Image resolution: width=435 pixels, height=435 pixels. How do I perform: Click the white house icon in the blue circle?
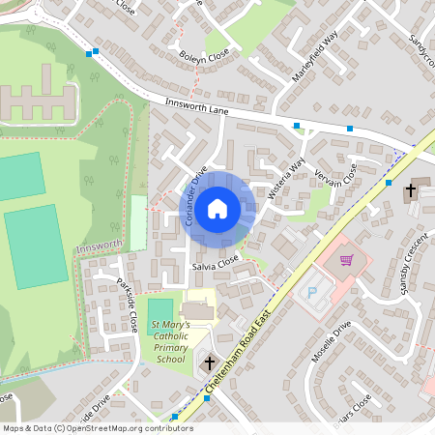click(217, 207)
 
